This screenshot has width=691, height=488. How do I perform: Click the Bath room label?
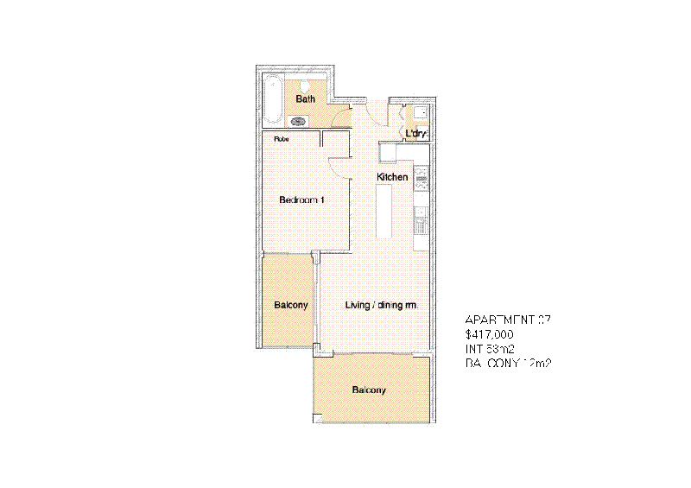click(x=305, y=99)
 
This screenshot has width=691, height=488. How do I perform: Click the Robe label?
click(x=282, y=138)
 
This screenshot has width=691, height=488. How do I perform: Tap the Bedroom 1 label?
click(x=301, y=200)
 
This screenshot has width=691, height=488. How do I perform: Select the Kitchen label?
click(x=392, y=177)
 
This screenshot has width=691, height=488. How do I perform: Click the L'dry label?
click(x=416, y=134)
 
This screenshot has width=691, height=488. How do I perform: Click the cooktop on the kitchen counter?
click(x=422, y=180)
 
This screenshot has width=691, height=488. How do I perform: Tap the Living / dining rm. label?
click(x=382, y=306)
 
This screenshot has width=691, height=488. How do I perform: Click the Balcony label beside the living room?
click(x=291, y=306)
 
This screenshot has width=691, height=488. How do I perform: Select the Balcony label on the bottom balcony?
click(x=369, y=390)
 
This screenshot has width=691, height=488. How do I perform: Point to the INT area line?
click(x=489, y=348)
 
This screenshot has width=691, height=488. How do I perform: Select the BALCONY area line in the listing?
click(x=508, y=364)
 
